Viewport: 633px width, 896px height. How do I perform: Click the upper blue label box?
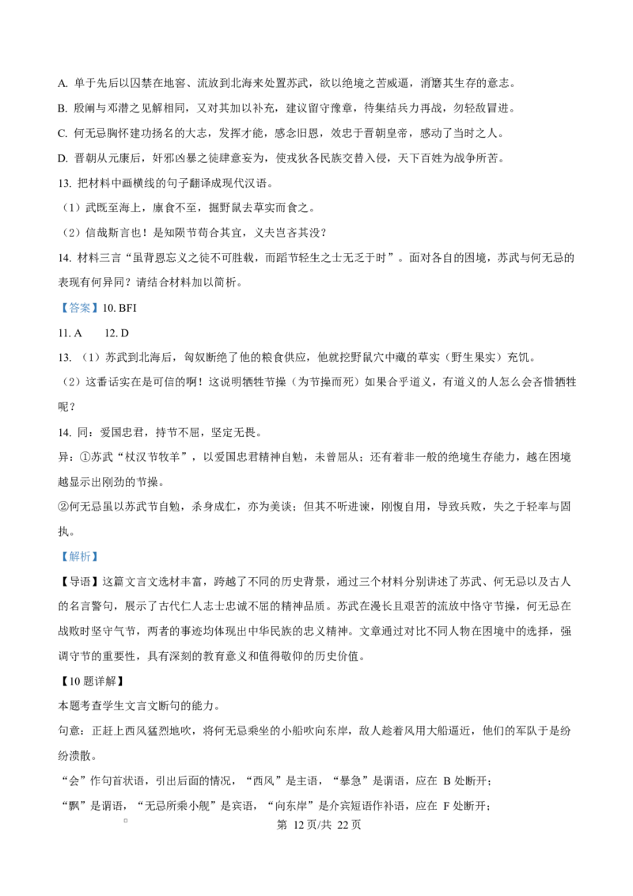79,308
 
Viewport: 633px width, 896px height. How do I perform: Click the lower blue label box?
79,557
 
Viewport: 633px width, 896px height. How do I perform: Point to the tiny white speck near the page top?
431,78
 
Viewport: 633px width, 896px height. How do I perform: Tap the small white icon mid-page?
228,507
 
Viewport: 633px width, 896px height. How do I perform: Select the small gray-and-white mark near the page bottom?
126,820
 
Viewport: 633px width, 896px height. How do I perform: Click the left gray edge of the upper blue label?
59,308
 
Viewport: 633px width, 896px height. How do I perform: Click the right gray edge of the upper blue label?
100,308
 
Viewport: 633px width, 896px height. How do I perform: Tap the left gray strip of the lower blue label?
59,557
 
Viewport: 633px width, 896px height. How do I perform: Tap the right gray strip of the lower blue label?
100,557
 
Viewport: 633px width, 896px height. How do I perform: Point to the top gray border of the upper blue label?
79,300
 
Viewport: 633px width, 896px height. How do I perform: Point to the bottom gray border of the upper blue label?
79,316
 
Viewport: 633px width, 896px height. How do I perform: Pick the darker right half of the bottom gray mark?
130,820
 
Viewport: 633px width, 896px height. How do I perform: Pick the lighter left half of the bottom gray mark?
123,820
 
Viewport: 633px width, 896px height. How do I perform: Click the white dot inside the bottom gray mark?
126,820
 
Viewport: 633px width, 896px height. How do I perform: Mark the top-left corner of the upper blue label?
58,299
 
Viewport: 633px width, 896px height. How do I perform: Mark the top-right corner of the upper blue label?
100,299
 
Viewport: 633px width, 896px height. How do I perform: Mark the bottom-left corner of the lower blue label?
58,564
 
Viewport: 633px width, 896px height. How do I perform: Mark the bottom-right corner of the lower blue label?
100,564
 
